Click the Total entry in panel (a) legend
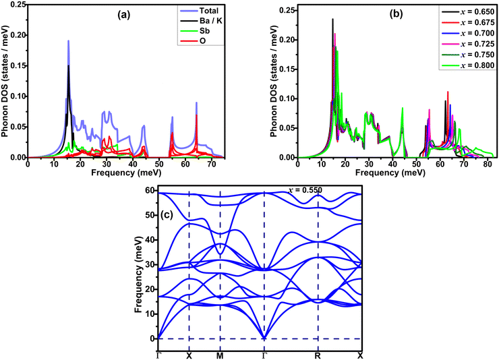click(200, 11)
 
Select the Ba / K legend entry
click(201, 21)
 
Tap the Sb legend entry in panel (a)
click(195, 31)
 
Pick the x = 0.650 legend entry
click(468, 11)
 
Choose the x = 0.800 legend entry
click(468, 65)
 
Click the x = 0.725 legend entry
click(468, 44)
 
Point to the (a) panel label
click(123, 15)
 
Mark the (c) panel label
click(167, 215)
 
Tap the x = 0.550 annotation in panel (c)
click(305, 190)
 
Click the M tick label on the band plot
click(220, 356)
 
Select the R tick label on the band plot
click(318, 356)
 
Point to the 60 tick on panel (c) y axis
click(150, 191)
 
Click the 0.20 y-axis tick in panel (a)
click(18, 35)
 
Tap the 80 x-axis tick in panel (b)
click(488, 164)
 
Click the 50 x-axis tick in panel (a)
click(158, 164)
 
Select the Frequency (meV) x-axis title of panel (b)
click(390, 173)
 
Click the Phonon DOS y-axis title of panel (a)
click(5, 82)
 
